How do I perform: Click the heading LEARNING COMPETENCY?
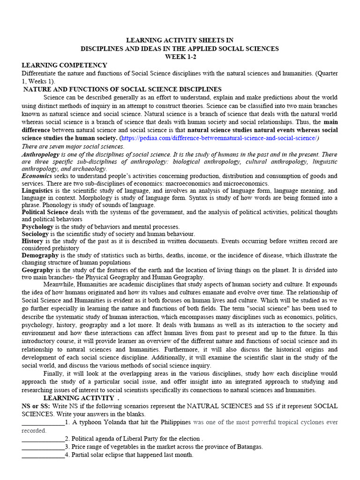[64, 65]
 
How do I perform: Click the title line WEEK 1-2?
[180, 56]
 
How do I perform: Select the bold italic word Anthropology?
[43, 154]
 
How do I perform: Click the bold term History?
[32, 241]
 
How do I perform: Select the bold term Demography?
[40, 255]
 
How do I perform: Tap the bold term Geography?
[38, 270]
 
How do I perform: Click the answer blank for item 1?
[43, 423]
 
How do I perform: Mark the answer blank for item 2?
[43, 439]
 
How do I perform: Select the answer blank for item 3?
[43, 447]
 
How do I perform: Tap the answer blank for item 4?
[43, 455]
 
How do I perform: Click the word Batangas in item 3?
[248, 447]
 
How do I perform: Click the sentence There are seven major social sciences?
[73, 146]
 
